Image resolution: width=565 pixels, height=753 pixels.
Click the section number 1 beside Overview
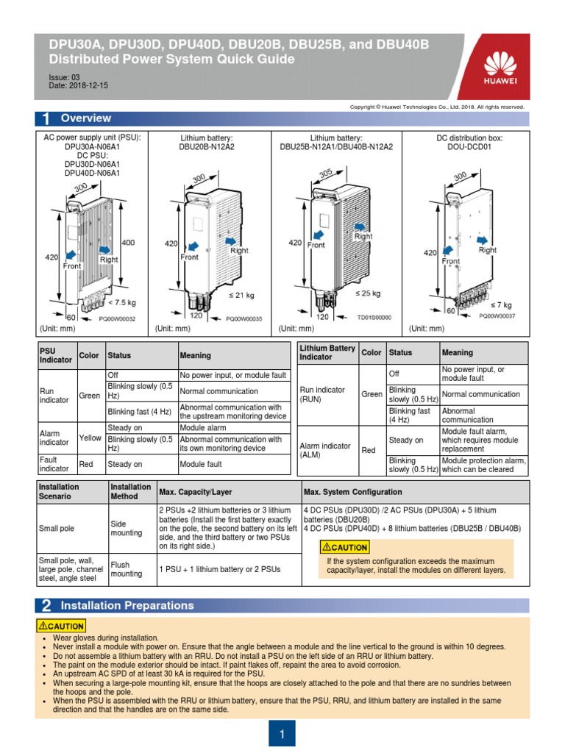46,118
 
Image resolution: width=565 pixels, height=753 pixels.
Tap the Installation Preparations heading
127,606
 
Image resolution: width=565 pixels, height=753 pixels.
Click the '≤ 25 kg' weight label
368,293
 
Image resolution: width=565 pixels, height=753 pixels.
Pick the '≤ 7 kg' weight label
502,304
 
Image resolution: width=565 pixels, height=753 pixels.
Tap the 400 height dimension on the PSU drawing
127,242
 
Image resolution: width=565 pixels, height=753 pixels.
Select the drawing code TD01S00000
374,318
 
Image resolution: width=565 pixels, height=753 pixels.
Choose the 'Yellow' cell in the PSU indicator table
90,438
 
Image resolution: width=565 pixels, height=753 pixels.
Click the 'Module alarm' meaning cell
202,428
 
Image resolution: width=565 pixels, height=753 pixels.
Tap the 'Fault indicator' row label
54,464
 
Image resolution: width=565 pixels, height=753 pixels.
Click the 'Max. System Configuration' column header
352,492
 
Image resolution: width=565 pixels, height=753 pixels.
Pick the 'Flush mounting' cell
126,569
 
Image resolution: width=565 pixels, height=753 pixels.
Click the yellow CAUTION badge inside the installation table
344,547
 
